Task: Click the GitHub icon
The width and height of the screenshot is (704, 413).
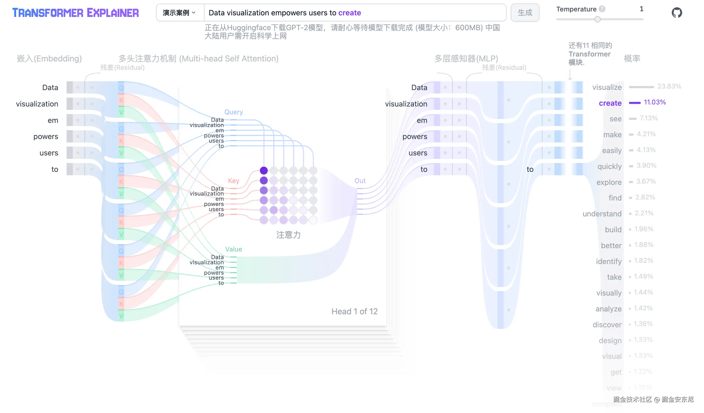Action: [x=677, y=12]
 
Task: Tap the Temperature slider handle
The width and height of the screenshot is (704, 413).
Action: [x=597, y=19]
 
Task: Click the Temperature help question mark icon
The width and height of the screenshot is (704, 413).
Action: [x=602, y=9]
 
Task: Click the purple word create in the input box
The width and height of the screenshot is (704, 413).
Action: [x=349, y=12]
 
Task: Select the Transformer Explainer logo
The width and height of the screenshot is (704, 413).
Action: [x=75, y=12]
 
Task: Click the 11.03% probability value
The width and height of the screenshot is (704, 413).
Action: [x=655, y=102]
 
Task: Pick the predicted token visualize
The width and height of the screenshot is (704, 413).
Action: [x=607, y=87]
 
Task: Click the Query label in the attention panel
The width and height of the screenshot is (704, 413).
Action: [x=234, y=112]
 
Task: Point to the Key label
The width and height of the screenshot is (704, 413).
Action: [x=234, y=181]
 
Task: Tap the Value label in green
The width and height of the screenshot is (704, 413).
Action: [x=234, y=249]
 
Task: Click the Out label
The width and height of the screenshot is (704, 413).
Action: [x=360, y=181]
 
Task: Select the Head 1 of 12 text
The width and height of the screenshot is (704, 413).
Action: [x=354, y=311]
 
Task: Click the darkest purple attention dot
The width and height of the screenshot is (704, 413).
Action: [x=264, y=170]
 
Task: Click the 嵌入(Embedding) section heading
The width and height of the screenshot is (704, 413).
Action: [x=49, y=58]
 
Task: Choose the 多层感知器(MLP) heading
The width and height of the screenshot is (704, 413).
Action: [x=466, y=58]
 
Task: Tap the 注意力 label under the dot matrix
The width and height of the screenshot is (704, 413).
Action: [x=288, y=235]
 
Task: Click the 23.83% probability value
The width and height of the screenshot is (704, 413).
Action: [x=669, y=86]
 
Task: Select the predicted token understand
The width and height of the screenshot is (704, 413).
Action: [x=602, y=214]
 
